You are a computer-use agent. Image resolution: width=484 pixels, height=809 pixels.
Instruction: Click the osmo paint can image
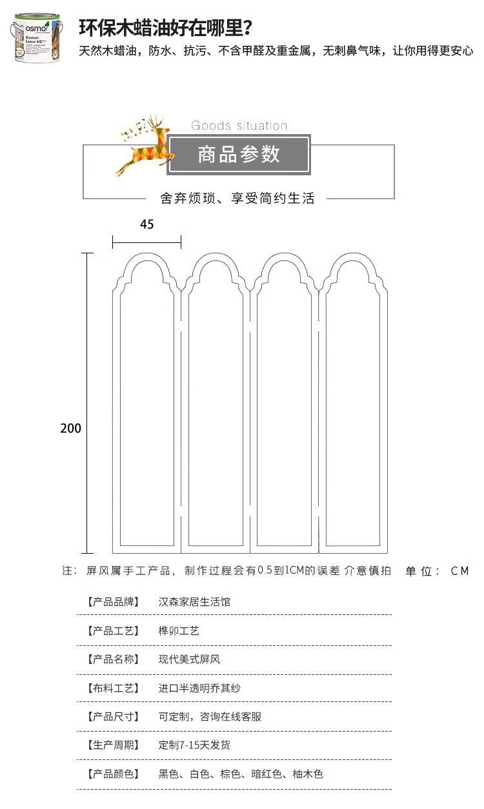[x=36, y=40]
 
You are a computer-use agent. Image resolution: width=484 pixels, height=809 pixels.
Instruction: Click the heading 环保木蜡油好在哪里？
[x=165, y=28]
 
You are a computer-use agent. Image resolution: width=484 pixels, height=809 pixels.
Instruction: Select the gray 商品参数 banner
[x=239, y=155]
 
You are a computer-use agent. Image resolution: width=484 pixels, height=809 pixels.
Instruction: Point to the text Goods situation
[x=239, y=126]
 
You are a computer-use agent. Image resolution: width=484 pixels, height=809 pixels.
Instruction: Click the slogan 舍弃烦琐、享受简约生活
[x=237, y=199]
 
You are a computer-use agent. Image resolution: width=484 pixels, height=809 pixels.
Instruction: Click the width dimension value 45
[x=146, y=224]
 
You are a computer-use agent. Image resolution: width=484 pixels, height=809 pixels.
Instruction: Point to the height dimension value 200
[x=71, y=428]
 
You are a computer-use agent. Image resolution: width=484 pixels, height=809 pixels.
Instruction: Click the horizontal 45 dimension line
[x=146, y=242]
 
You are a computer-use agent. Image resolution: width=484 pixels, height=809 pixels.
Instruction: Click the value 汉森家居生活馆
[x=194, y=602]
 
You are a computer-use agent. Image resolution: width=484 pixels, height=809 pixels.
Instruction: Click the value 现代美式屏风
[x=189, y=659]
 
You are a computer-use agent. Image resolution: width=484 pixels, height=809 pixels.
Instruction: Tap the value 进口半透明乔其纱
[x=199, y=688]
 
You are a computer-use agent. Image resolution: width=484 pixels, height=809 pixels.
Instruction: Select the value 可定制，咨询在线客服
[x=210, y=717]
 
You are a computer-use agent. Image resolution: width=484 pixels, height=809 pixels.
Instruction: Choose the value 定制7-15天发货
[x=194, y=745]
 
